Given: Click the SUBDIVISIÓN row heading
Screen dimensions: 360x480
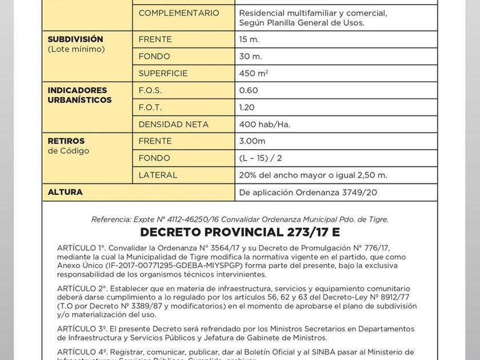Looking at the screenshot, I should [x=75, y=39].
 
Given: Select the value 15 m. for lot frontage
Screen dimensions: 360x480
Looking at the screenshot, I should [x=249, y=39].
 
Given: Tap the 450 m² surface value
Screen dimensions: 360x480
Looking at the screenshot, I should [x=253, y=73].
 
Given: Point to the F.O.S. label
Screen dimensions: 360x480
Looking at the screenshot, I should [x=150, y=90].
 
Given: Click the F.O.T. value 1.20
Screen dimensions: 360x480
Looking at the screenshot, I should [x=247, y=107].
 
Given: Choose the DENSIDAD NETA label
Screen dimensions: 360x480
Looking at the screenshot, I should [x=173, y=124].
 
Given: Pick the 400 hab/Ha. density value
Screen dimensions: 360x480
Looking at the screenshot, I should [x=265, y=124].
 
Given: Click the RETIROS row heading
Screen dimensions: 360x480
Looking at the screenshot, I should [x=66, y=141].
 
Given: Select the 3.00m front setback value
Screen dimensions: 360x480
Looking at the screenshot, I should [x=252, y=141].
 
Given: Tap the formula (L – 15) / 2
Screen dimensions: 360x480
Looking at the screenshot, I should [x=260, y=158].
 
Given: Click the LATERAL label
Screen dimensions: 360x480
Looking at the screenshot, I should [x=158, y=175].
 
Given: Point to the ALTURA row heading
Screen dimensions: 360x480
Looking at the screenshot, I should [x=65, y=192].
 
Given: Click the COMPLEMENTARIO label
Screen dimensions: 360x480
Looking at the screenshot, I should [x=178, y=13].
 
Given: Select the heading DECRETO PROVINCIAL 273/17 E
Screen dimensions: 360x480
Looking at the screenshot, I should [x=240, y=232].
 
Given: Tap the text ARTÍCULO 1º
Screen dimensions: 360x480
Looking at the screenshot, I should [x=81, y=247].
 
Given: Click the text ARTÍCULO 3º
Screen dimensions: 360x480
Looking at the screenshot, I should [x=82, y=329].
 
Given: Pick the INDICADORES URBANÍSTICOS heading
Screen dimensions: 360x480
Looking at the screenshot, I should [x=79, y=95].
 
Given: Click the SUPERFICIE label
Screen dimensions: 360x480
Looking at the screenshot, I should [x=163, y=73].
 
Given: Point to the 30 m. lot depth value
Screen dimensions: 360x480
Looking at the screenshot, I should [x=250, y=57].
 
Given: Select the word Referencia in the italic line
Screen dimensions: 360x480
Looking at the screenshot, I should [x=110, y=219].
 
